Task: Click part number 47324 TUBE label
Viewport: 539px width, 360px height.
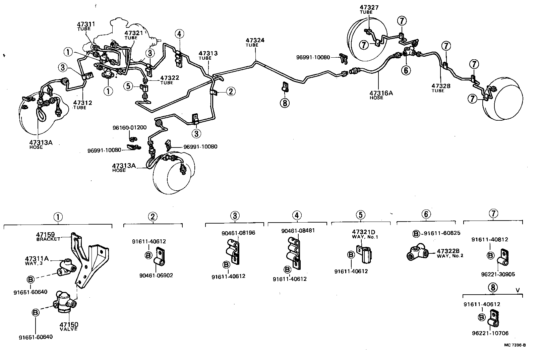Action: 255,42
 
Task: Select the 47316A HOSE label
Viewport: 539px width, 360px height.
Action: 381,95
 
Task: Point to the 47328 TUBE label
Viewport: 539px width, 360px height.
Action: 441,88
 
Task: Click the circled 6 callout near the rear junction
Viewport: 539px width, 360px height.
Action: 406,70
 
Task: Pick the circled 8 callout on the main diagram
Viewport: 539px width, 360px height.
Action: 285,103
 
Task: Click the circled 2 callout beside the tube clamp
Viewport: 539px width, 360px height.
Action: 231,91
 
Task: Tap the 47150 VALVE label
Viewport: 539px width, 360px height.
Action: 69,326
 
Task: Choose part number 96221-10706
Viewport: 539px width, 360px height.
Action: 491,333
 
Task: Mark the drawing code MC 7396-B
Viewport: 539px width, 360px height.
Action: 515,345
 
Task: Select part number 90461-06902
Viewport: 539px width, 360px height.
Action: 156,276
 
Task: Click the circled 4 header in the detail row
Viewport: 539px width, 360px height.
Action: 297,215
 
